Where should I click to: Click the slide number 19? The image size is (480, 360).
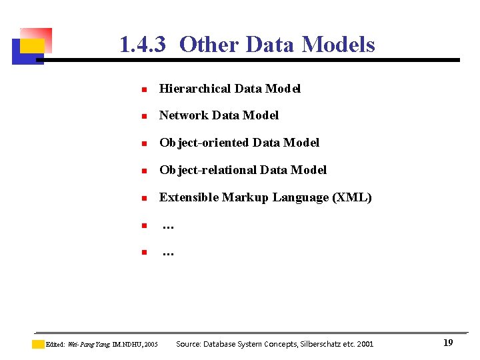tap(448, 343)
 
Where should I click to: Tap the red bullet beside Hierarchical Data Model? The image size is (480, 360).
tap(143, 89)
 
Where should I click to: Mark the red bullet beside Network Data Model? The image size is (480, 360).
tap(143, 116)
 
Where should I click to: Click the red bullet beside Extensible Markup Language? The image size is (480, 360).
tap(143, 198)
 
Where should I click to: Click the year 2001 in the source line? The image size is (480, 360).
tap(365, 344)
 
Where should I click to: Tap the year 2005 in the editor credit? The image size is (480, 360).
tap(151, 345)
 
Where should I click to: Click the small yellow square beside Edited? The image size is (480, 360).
tap(38, 345)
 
